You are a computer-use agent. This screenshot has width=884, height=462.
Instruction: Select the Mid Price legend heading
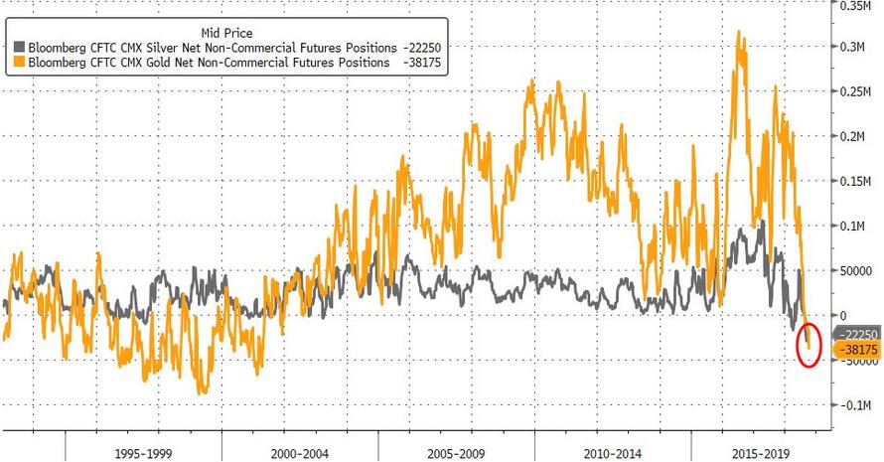coord(225,30)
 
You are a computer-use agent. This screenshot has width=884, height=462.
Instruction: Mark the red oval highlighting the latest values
coord(809,343)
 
